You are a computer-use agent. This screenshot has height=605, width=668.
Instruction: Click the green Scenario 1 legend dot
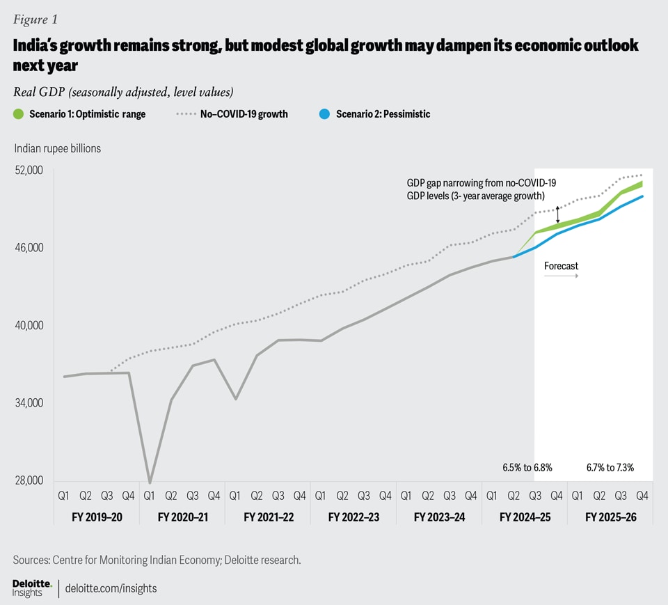pos(18,114)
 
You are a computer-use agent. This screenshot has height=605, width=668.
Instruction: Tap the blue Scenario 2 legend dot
pos(325,114)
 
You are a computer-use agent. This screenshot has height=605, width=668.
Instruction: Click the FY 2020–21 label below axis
pos(182,517)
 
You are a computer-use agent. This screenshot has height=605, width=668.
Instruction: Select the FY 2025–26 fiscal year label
pos(610,517)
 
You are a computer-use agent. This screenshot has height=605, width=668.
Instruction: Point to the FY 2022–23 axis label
pos(353,517)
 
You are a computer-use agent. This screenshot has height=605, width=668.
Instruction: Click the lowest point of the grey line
pos(150,482)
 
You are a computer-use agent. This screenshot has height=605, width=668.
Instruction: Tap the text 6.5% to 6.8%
pos(527,467)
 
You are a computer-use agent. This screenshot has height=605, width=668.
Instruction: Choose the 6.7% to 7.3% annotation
pos(610,467)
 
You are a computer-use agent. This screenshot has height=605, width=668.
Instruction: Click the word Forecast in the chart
pos(561,266)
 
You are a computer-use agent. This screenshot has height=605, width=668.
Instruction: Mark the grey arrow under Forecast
pos(561,276)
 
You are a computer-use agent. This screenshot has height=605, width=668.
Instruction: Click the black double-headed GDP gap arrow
pos(557,214)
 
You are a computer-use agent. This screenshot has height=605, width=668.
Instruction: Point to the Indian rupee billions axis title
pos(57,148)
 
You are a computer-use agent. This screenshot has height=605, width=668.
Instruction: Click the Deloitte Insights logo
pos(31,588)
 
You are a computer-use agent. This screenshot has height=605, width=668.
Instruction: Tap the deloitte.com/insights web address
pos(111,588)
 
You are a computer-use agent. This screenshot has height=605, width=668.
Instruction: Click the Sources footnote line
pos(157,560)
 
